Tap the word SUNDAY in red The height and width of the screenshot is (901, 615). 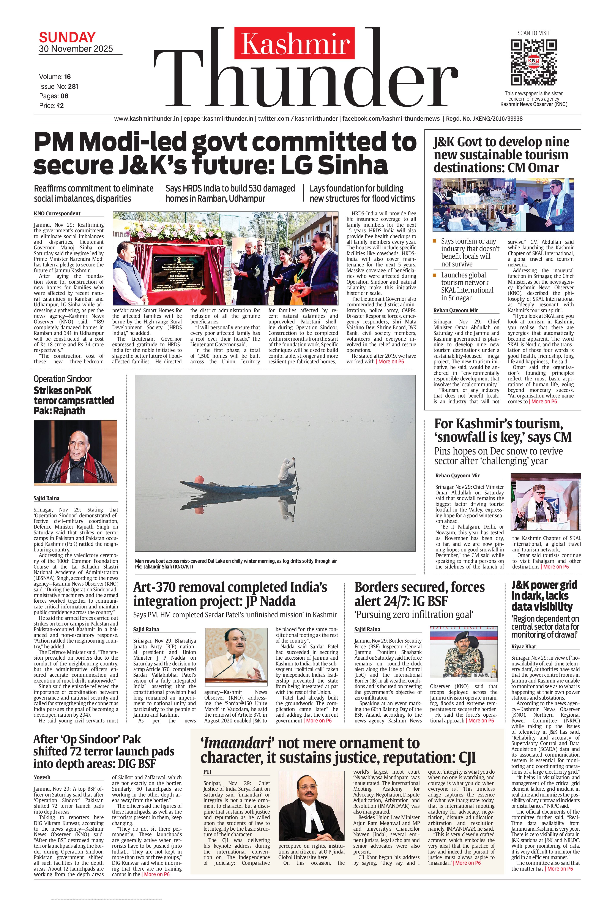point(67,37)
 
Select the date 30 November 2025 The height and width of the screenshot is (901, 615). point(76,49)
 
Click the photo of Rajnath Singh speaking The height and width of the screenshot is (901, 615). point(75,452)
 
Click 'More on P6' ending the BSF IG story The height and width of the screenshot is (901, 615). point(481,721)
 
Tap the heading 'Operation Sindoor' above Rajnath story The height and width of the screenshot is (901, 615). point(62,379)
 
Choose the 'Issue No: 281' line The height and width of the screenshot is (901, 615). point(58,86)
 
